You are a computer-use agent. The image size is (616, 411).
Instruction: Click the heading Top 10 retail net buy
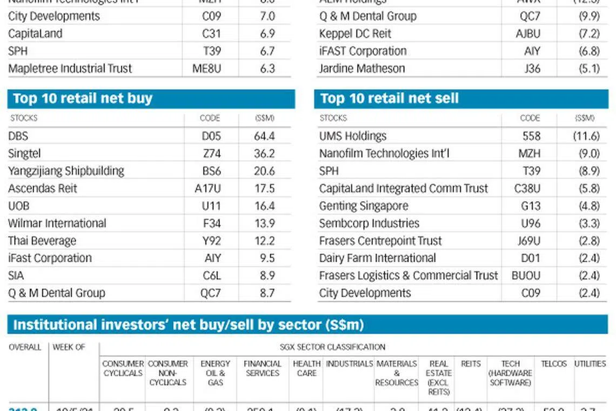coord(83,98)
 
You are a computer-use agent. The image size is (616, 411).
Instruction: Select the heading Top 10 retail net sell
coord(389,98)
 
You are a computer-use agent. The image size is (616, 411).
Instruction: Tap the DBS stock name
coord(18,136)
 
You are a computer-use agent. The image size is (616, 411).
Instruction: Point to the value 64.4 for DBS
coord(264,136)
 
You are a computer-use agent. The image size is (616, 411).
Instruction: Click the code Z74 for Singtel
coord(212,154)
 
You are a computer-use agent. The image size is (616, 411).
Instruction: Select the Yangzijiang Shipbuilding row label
coord(66,171)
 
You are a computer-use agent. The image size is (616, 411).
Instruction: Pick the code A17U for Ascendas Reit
coord(211,188)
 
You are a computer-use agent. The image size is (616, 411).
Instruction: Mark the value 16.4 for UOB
coord(264,206)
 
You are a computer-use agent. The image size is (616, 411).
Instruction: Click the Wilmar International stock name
coord(57,223)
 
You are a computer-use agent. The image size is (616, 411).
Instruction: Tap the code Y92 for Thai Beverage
coord(212,241)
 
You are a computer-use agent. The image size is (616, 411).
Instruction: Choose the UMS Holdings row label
coord(353,136)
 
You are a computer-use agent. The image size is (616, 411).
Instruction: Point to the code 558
coord(532,136)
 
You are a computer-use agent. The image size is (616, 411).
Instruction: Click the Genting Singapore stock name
coord(364,206)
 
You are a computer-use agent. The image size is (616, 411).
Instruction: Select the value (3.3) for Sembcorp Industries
coord(589,223)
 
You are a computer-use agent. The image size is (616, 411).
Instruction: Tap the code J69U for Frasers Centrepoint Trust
coord(529,241)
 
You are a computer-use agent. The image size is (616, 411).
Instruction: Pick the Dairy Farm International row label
coord(377,258)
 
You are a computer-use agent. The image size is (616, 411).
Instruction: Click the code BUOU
coord(526,275)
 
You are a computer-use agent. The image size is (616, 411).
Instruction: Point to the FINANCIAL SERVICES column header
coord(263,368)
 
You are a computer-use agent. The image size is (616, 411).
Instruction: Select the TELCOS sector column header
coord(553,364)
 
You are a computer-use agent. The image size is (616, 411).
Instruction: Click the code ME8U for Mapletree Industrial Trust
coord(207,69)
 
